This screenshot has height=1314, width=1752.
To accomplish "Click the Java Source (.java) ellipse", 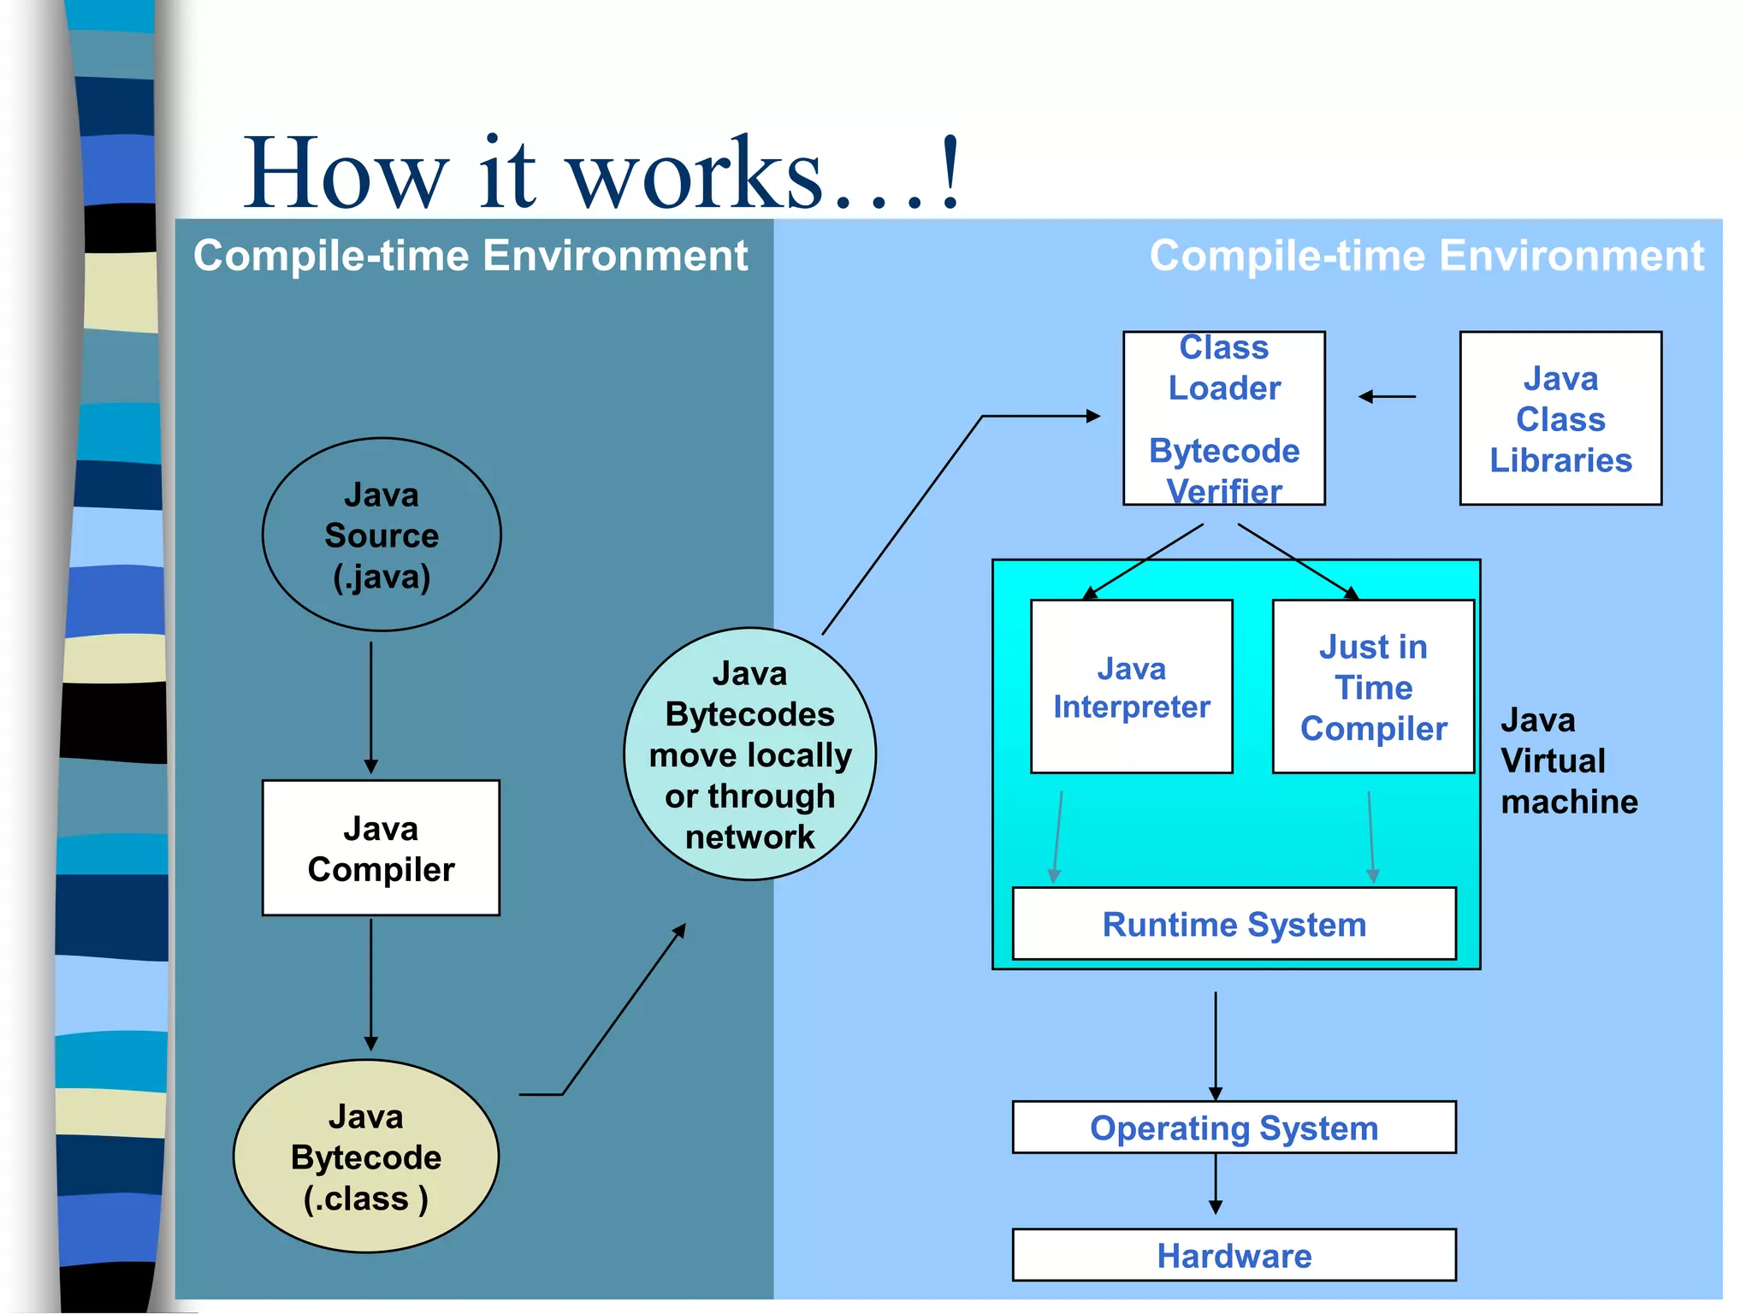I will pos(382,536).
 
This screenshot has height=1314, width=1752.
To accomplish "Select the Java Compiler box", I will pos(381,848).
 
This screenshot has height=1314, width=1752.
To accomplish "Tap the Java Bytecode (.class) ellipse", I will pos(366,1157).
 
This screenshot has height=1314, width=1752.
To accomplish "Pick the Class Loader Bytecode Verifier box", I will pos(1224,418).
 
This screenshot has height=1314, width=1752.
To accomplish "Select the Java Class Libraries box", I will pos(1560,418).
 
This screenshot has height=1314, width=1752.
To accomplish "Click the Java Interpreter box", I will pos(1131,687).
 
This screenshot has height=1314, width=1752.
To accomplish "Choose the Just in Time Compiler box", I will pos(1373,687).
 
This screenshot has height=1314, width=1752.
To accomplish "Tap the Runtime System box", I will pos(1234,924).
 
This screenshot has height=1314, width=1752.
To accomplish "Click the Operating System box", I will pos(1234,1128).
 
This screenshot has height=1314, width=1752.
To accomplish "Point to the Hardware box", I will pos(1234,1255).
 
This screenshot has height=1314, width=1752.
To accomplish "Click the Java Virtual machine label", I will pos(1568,761).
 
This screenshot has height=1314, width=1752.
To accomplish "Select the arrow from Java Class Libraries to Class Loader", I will pos(1387,396).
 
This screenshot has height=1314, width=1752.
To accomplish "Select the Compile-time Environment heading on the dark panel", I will pos(471,256).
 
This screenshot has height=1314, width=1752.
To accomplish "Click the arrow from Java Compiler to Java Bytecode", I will pos(371,984).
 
